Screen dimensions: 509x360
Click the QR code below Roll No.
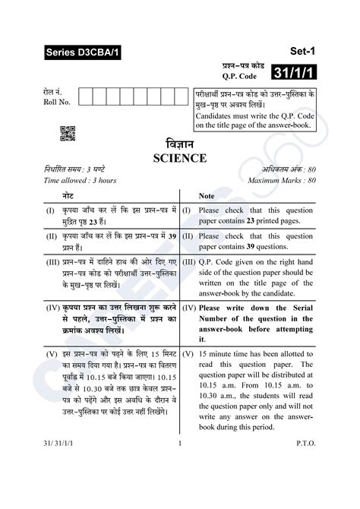[x=67, y=133]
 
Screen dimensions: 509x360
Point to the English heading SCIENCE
[x=179, y=158]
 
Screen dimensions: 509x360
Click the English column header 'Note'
[x=207, y=196]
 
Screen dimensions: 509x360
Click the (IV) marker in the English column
[x=190, y=308]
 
